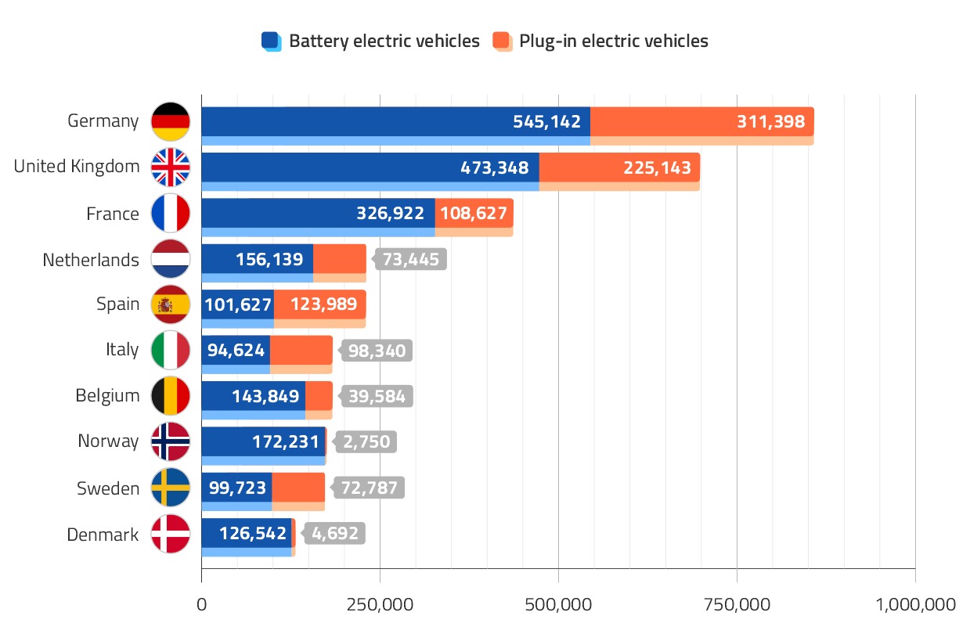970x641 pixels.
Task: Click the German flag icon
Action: point(171,121)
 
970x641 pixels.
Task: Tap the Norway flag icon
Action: point(171,441)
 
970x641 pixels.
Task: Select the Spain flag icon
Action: point(171,304)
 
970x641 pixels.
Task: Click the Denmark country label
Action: point(103,535)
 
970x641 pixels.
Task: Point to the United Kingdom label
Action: point(77,167)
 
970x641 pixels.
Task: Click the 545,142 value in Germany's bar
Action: point(546,121)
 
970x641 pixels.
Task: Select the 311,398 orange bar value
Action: point(770,121)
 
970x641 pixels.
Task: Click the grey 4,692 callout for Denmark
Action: point(335,534)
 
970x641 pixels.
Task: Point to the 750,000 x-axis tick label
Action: point(737,604)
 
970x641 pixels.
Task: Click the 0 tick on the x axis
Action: point(201,604)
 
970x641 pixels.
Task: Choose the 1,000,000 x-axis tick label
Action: point(915,604)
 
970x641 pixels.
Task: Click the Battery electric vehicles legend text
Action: point(384,41)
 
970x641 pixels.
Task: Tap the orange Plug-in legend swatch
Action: point(502,41)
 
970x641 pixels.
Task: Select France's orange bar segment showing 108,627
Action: point(474,213)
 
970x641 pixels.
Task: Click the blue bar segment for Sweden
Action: point(236,488)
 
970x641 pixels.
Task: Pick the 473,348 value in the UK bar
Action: point(492,167)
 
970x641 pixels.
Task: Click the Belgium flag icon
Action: point(171,396)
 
